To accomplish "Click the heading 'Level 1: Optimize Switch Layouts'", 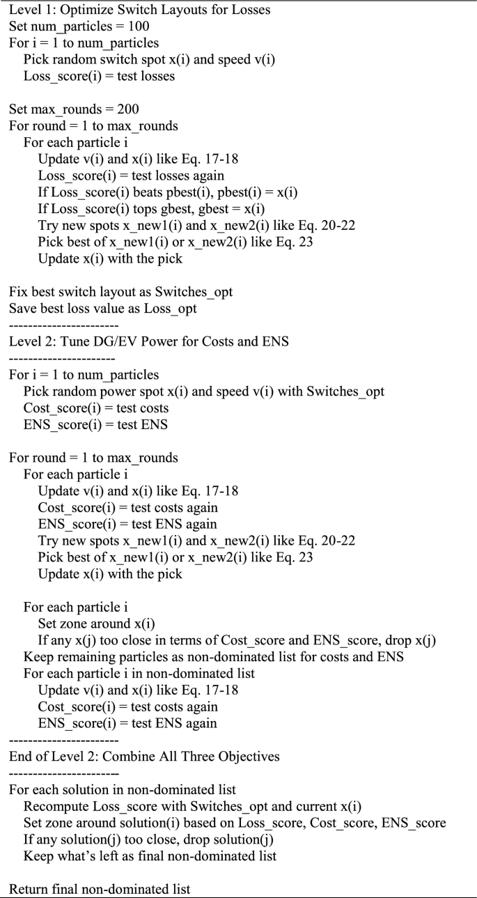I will pos(139,10).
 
